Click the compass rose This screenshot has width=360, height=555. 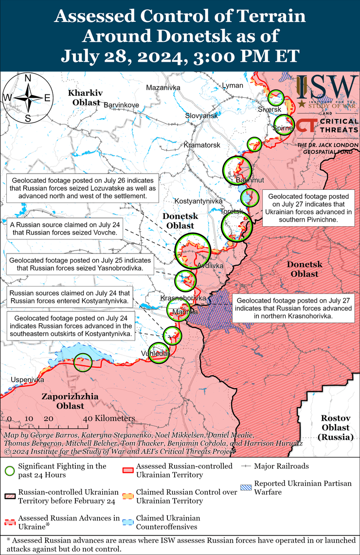[x=28, y=98]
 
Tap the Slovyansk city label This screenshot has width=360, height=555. [x=201, y=116]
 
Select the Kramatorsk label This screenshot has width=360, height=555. [x=202, y=145]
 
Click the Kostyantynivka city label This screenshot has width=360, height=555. [x=198, y=201]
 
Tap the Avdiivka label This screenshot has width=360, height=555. [x=210, y=266]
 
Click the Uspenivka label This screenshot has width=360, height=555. [x=28, y=379]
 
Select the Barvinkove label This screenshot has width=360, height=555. [x=121, y=105]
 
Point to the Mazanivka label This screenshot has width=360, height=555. [x=163, y=88]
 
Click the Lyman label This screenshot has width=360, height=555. [x=232, y=86]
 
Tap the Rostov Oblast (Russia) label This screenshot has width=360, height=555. [x=336, y=428]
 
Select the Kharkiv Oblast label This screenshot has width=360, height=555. [x=84, y=97]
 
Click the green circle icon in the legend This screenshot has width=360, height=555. [x=9, y=470]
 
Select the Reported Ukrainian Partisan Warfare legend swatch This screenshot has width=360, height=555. [x=247, y=486]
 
